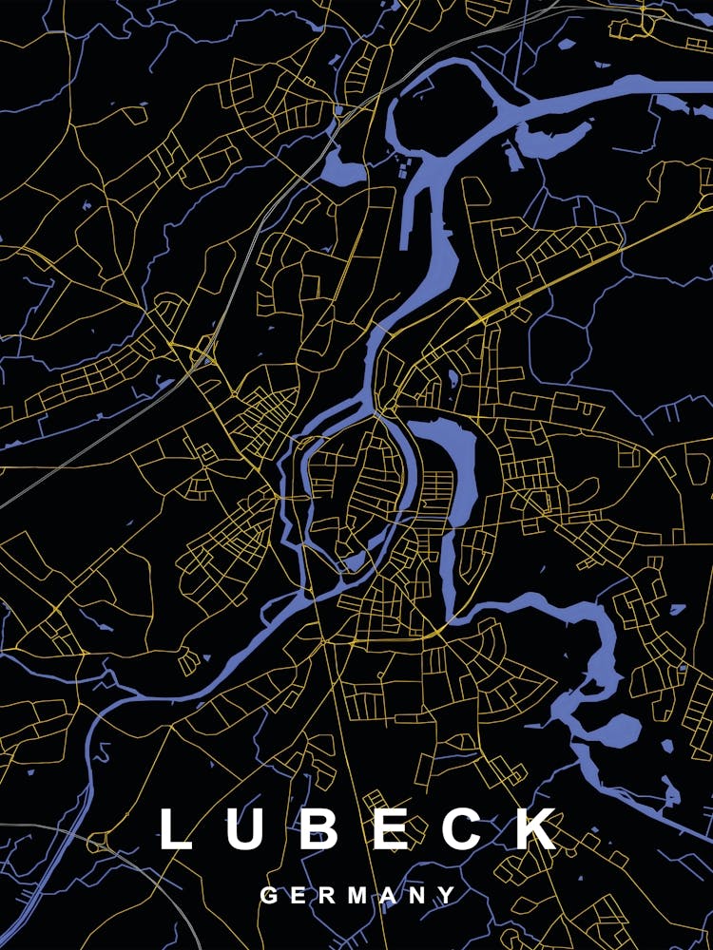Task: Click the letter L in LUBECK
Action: click(176, 829)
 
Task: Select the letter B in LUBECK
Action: click(321, 829)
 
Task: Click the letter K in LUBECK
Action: click(538, 829)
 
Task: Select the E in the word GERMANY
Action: click(297, 895)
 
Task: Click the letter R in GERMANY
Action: click(325, 895)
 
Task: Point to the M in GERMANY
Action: click(356, 895)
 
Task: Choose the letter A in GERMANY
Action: click(387, 895)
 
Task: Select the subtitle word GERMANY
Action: click(357, 895)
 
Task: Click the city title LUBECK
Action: click(357, 829)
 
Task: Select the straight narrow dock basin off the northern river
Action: click(412, 204)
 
